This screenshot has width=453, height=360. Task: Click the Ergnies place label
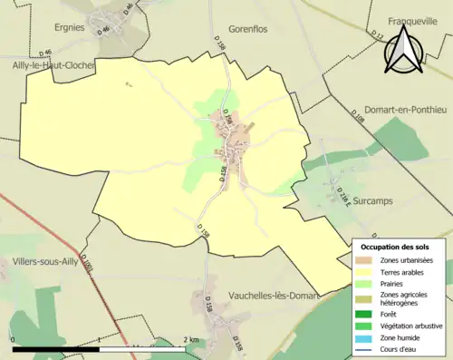[69, 27]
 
